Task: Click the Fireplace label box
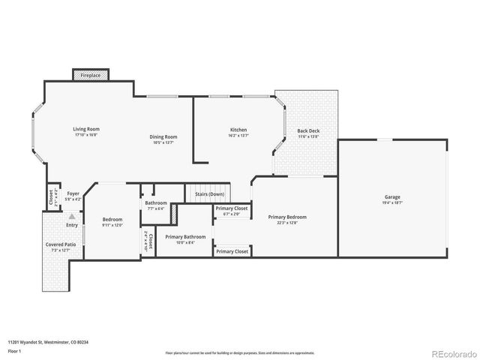point(91,76)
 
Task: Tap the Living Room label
point(86,129)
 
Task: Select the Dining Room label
point(163,136)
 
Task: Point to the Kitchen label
point(238,130)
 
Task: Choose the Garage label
point(393,196)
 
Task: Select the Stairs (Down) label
point(210,194)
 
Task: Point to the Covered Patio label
point(60,244)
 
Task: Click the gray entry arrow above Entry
point(72,215)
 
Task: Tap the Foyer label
point(73,193)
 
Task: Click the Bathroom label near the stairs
point(156,202)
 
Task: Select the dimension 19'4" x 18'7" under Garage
point(393,202)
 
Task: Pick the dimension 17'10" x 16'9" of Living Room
point(86,135)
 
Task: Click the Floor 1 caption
point(15,350)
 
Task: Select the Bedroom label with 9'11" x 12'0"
point(112,220)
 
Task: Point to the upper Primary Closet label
point(232,208)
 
